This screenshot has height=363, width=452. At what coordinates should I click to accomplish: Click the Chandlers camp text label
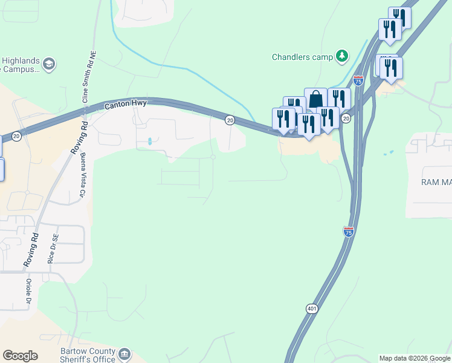[302, 57]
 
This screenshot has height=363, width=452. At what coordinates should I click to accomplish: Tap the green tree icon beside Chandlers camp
[342, 56]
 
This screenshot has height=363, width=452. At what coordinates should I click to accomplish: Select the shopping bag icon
[315, 99]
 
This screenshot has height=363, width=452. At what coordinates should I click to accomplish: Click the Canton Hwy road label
[126, 105]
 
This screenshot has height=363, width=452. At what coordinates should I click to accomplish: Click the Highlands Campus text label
[21, 65]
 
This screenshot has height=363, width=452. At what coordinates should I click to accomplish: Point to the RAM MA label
[436, 181]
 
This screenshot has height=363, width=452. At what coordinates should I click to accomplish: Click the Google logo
[20, 356]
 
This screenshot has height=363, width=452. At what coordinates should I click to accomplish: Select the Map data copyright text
[415, 358]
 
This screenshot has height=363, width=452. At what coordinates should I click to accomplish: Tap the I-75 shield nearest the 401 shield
[349, 231]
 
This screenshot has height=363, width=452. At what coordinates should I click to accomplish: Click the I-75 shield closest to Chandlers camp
[358, 80]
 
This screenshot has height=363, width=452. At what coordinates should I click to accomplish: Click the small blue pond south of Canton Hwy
[149, 142]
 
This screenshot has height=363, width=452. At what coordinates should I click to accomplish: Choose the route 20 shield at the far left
[16, 137]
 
